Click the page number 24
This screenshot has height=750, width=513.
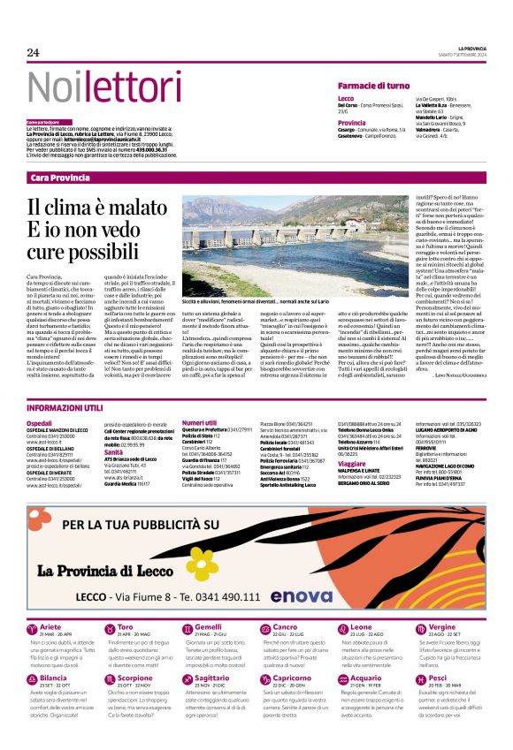pyautogui.click(x=34, y=52)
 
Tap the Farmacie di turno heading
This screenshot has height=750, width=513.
pyautogui.click(x=373, y=85)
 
